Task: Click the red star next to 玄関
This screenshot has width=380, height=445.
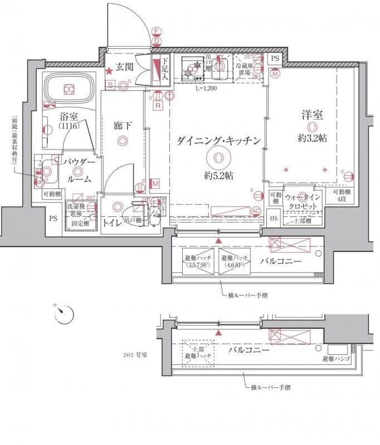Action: [x=110, y=71]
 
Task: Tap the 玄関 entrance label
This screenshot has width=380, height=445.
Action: [x=125, y=68]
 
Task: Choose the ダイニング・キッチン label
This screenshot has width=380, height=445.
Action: [x=219, y=141]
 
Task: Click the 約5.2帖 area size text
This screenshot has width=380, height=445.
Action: [x=218, y=175]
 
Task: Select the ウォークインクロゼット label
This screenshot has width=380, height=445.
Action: [x=303, y=201]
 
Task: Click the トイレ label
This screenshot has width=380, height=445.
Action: [x=113, y=222]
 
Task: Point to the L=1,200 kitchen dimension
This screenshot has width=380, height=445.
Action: [x=206, y=88]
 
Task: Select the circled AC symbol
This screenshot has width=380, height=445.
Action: [x=256, y=211]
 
